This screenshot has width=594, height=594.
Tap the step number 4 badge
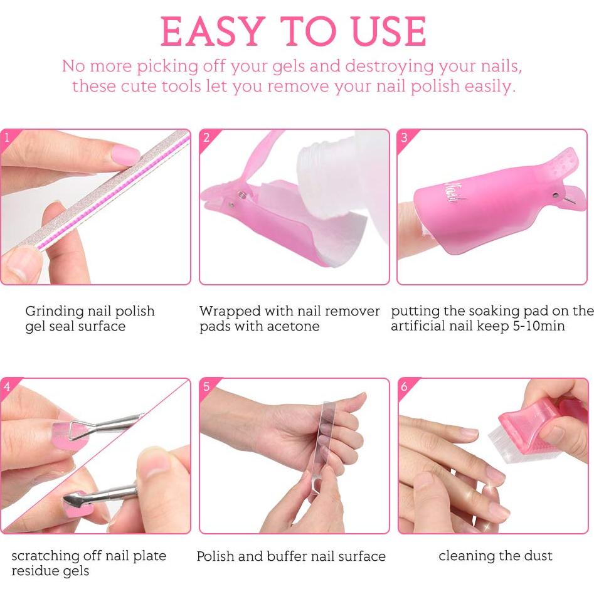[x=7, y=386]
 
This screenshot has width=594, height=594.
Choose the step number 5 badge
[x=206, y=386]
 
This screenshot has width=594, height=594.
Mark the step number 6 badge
[x=404, y=386]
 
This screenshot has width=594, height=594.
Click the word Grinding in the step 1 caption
[x=54, y=312]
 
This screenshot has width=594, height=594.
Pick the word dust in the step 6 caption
[x=537, y=556]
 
